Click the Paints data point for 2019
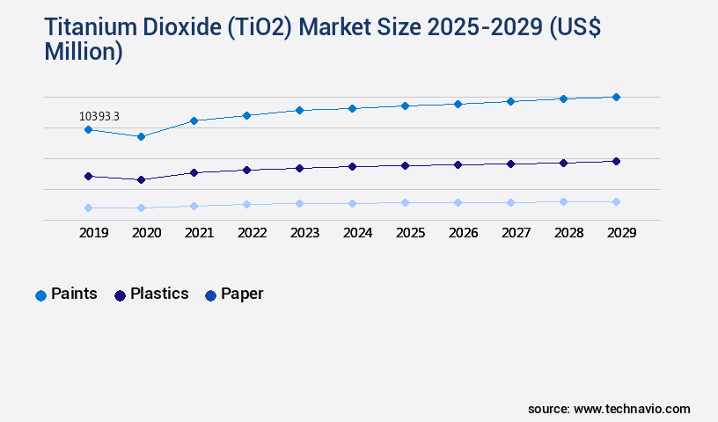click(88, 129)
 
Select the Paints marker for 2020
click(141, 136)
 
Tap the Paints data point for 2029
click(616, 97)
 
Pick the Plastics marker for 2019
click(88, 176)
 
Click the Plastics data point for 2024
click(352, 166)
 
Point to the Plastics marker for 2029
click(616, 161)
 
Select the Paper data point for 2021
click(194, 206)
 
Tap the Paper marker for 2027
click(510, 202)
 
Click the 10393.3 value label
click(99, 116)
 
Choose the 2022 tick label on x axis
click(252, 233)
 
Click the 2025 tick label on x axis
click(410, 233)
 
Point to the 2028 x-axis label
click(568, 233)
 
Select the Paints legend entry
click(67, 294)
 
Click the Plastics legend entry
click(151, 294)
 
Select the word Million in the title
click(79, 52)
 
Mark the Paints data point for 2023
click(299, 110)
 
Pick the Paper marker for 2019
click(88, 207)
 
